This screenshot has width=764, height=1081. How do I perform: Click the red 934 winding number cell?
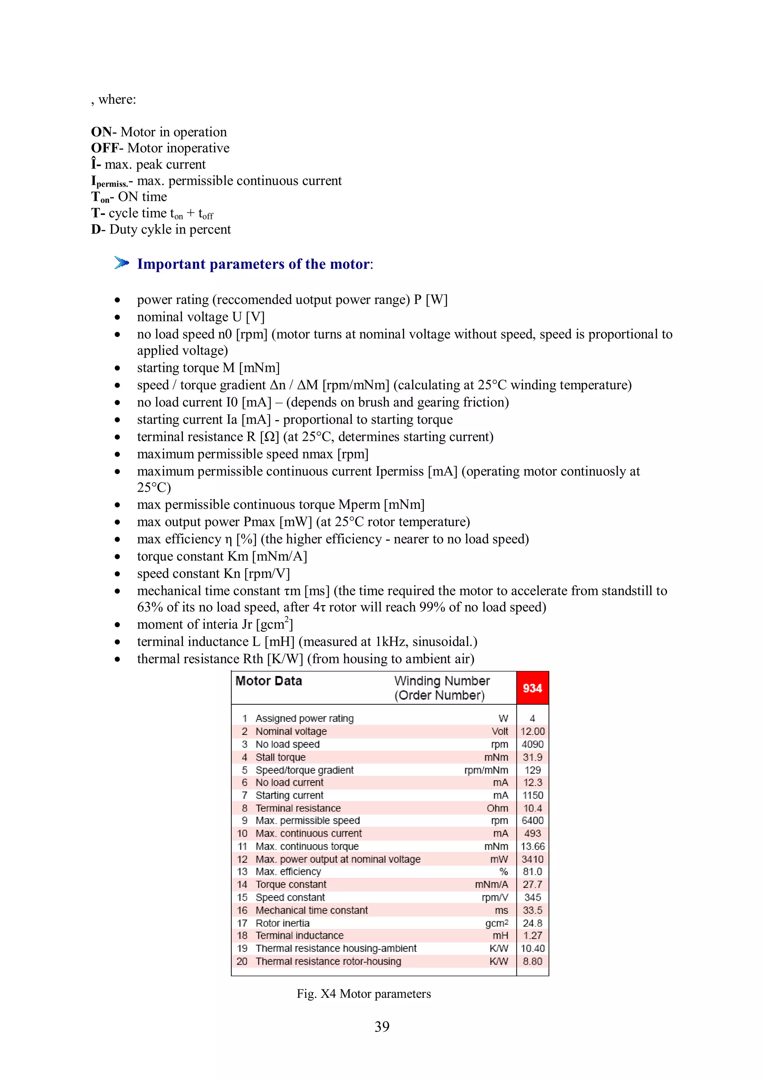(532, 688)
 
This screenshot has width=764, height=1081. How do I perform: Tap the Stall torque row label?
(280, 757)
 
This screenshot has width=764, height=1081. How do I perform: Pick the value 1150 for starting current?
(532, 795)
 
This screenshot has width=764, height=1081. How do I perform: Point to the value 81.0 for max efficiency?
(532, 871)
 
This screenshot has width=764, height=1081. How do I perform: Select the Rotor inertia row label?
(282, 923)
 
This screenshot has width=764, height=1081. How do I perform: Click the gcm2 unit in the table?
(497, 923)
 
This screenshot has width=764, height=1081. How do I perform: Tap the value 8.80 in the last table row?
(532, 961)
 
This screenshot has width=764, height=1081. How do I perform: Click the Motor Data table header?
(268, 681)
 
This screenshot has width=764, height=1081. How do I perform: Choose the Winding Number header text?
(442, 681)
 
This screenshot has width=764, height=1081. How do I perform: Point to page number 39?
(382, 1027)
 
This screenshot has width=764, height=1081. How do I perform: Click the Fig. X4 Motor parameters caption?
(363, 993)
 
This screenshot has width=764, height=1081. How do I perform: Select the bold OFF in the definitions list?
(104, 148)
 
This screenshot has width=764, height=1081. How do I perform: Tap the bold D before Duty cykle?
(95, 229)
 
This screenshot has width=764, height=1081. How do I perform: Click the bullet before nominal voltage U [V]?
(117, 317)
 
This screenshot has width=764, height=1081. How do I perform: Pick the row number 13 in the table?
(242, 871)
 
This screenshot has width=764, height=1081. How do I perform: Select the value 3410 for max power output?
(532, 859)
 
